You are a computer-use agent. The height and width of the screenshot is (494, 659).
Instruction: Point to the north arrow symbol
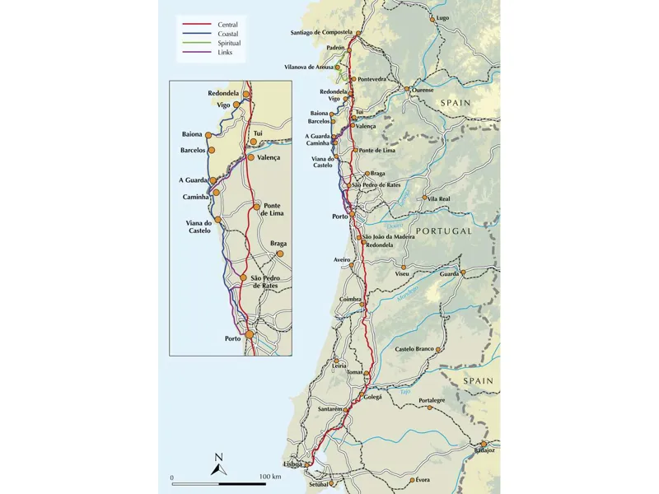218,464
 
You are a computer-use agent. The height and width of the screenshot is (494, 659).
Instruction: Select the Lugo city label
443,17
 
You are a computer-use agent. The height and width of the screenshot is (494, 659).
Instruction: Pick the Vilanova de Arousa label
309,67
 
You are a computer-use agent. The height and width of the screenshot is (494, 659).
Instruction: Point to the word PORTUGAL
444,231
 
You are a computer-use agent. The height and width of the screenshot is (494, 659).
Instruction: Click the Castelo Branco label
414,349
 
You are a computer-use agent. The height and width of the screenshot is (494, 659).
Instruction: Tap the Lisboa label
292,464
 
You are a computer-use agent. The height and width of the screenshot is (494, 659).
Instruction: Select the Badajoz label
485,450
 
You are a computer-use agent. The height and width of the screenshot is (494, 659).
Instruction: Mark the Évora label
423,479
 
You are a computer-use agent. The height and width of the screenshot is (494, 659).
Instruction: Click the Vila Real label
439,198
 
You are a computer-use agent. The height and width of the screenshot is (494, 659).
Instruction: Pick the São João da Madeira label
389,237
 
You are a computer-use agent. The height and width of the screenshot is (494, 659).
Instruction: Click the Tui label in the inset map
258,133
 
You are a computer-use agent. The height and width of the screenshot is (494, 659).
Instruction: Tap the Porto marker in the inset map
250,334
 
